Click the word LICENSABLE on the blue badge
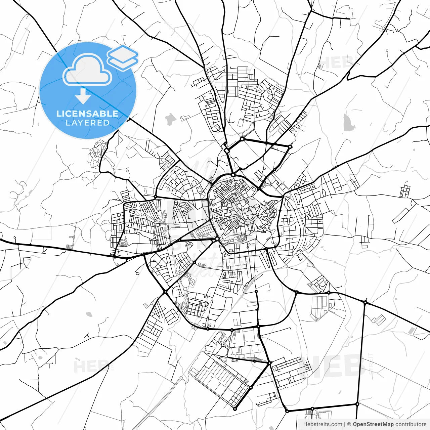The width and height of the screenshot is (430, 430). click(x=87, y=114)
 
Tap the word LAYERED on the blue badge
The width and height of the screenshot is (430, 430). click(x=87, y=123)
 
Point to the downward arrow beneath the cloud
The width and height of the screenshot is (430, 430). click(x=83, y=97)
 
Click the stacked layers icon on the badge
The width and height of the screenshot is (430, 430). click(x=123, y=57)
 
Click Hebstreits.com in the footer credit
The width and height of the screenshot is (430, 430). click(x=322, y=424)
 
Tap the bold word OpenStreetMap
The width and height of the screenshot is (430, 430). click(x=373, y=424)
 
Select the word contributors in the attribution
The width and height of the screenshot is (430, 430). click(x=411, y=424)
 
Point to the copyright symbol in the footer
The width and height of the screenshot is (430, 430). click(x=349, y=424)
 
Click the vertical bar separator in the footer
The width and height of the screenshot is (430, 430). click(x=345, y=424)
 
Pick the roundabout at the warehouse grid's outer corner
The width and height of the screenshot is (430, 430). click(x=235, y=409)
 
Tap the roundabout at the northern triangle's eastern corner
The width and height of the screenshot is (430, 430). click(x=290, y=146)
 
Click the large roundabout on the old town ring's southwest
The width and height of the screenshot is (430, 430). click(x=218, y=239)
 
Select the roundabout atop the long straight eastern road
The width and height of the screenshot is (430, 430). click(x=365, y=302)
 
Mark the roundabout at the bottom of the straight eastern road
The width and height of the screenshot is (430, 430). click(x=357, y=404)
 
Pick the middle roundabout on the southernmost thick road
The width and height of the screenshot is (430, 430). click(x=312, y=408)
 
